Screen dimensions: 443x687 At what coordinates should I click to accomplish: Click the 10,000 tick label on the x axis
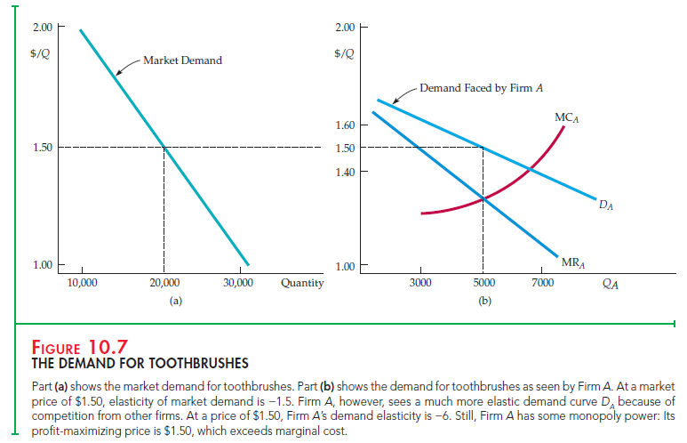click(x=82, y=283)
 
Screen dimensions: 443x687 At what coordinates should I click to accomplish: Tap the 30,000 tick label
click(x=238, y=283)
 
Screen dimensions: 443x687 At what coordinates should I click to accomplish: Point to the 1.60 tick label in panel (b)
click(x=345, y=125)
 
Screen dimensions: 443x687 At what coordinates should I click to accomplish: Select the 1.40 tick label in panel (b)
click(x=345, y=171)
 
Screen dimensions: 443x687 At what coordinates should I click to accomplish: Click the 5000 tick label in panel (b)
click(x=483, y=283)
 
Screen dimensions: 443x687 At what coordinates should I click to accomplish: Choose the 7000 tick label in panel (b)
click(x=543, y=283)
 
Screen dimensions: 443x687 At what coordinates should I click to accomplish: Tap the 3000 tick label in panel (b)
click(x=420, y=283)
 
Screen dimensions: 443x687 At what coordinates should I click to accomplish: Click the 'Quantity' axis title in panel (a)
click(x=301, y=283)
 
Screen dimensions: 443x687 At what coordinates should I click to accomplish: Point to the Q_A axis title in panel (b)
click(x=611, y=285)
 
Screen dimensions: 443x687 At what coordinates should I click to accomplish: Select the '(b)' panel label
click(x=483, y=301)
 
